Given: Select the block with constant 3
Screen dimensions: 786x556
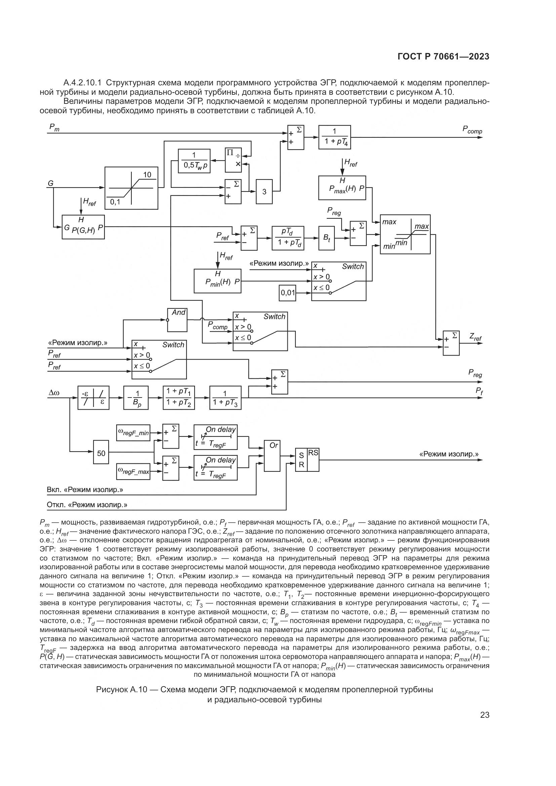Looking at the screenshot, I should pyautogui.click(x=264, y=191).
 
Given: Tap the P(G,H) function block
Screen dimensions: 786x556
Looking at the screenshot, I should pyautogui.click(x=83, y=227).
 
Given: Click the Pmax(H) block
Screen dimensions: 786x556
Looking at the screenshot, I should pyautogui.click(x=342, y=188).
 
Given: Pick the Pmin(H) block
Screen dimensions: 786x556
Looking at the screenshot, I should pyautogui.click(x=217, y=281).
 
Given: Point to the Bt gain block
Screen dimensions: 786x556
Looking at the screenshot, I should pyautogui.click(x=327, y=238).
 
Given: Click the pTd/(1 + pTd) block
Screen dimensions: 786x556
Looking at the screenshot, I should pyautogui.click(x=288, y=238).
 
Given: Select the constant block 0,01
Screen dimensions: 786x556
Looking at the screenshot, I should pyautogui.click(x=288, y=293).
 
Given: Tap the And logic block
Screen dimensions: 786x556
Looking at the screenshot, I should pyautogui.click(x=177, y=320).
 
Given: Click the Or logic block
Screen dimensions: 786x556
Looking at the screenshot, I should pyautogui.click(x=272, y=456).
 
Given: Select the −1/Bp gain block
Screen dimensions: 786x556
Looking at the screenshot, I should pyautogui.click(x=135, y=398).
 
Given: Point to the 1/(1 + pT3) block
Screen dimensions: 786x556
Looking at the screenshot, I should pyautogui.click(x=225, y=398).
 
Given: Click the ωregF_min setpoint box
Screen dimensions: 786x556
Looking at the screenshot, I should pyautogui.click(x=133, y=433).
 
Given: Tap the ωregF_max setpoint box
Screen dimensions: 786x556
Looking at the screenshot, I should pyautogui.click(x=133, y=471).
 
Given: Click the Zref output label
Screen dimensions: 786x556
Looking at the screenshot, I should pyautogui.click(x=475, y=338).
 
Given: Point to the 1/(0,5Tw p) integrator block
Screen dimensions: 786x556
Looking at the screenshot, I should pyautogui.click(x=194, y=161).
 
